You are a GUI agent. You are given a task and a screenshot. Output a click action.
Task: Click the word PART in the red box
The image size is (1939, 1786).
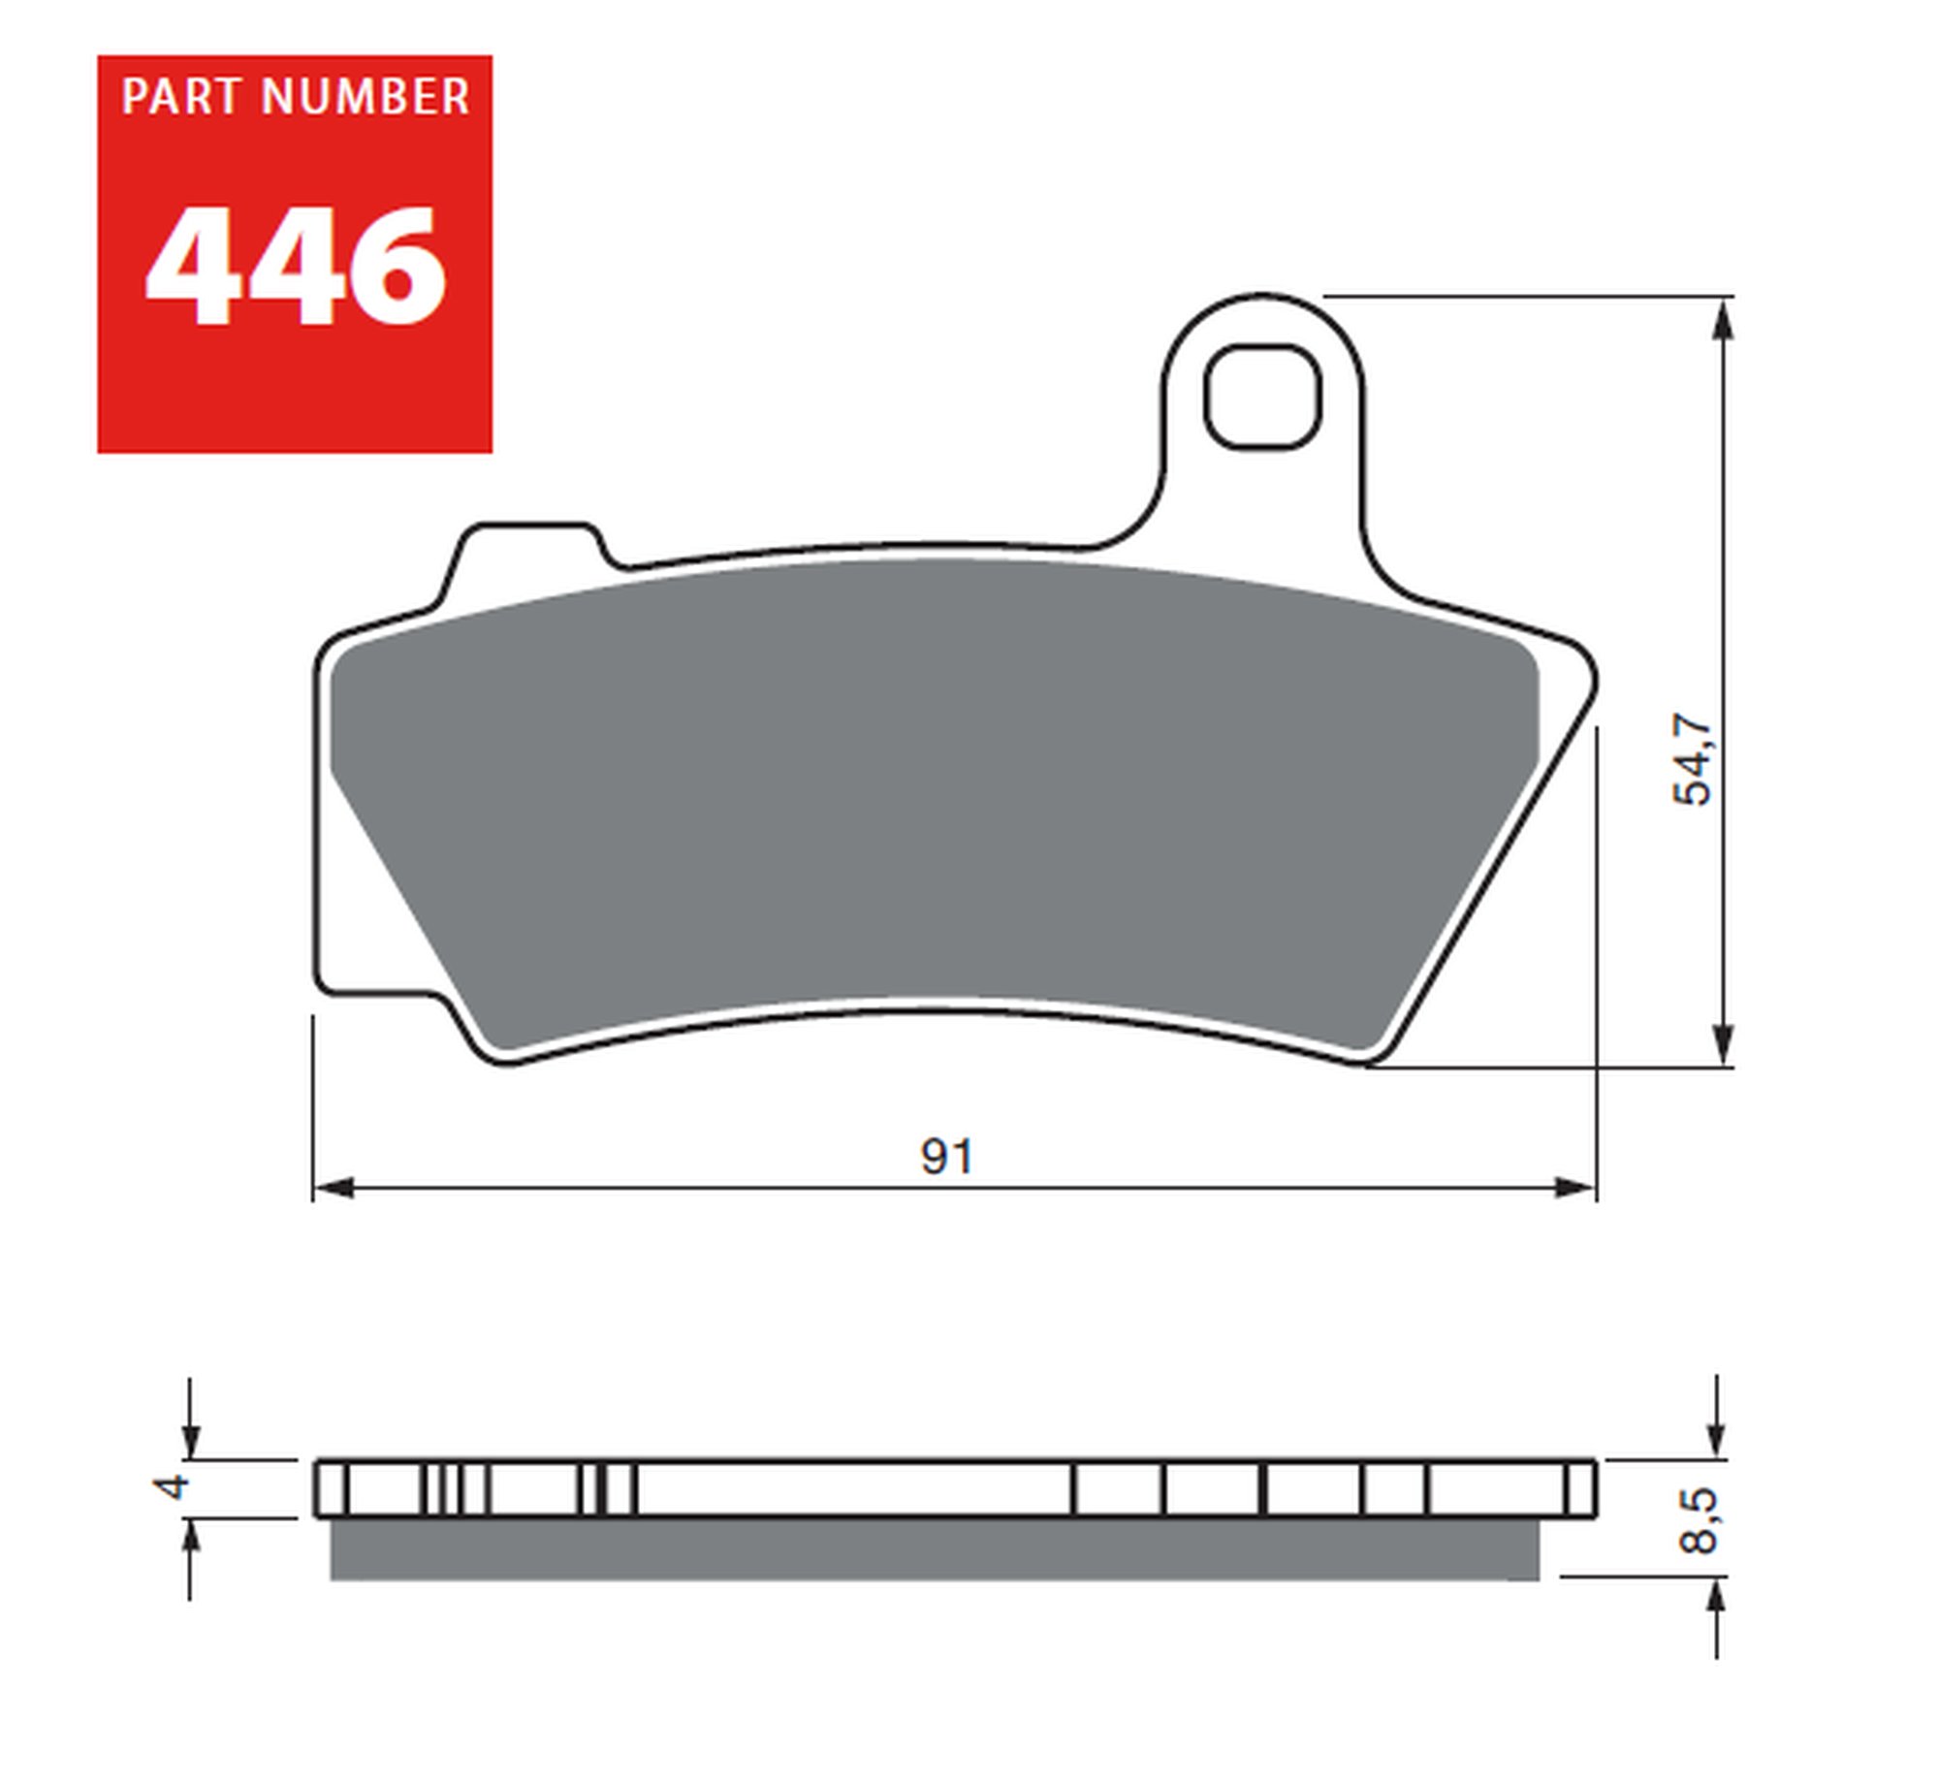[x=180, y=97]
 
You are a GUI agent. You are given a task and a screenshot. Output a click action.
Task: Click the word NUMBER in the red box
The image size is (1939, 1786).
[x=366, y=97]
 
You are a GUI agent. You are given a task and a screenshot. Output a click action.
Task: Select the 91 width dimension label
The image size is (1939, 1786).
[x=946, y=1157]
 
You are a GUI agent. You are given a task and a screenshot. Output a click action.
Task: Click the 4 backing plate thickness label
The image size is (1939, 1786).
[x=175, y=1487]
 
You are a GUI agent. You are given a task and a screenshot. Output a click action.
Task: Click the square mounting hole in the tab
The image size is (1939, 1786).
[x=1262, y=398]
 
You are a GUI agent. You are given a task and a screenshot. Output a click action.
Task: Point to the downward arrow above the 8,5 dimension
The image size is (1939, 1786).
[x=1716, y=1437]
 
